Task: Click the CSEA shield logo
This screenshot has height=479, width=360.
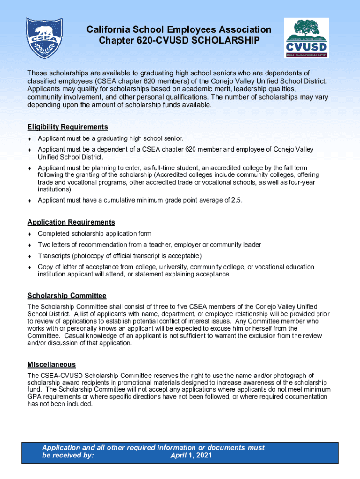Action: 44,40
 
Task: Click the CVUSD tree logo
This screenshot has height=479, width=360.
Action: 306,39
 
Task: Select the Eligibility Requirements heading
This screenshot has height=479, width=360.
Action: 67,127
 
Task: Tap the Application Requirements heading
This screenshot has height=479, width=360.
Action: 71,222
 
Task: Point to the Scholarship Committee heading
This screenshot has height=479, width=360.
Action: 66,296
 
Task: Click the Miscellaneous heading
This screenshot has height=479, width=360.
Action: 51,364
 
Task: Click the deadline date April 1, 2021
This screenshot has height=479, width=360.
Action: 191,455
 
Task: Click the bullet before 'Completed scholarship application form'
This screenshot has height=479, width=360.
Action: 29,234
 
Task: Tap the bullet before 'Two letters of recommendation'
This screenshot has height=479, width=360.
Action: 29,245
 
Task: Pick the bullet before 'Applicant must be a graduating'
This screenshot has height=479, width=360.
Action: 29,138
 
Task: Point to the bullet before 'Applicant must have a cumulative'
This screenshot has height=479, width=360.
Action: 29,201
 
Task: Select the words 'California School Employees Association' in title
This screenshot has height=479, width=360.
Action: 179,30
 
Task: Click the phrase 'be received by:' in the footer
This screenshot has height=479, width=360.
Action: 68,455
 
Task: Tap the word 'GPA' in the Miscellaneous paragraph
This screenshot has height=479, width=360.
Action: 35,397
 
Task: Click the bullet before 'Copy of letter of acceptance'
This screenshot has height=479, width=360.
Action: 29,267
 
